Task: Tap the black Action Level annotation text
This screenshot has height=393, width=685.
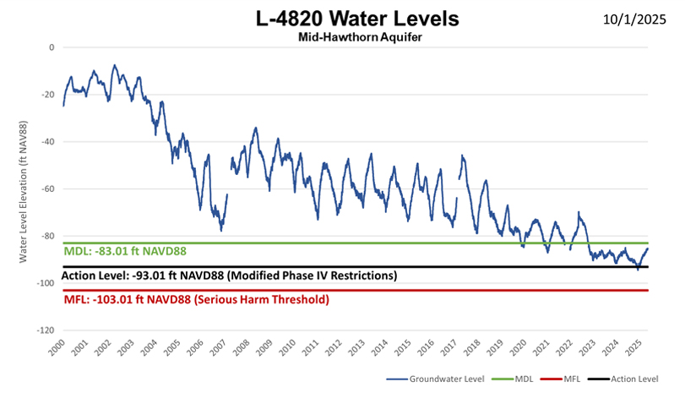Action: (x=230, y=276)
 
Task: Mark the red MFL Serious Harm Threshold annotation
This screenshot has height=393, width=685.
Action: (x=196, y=299)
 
